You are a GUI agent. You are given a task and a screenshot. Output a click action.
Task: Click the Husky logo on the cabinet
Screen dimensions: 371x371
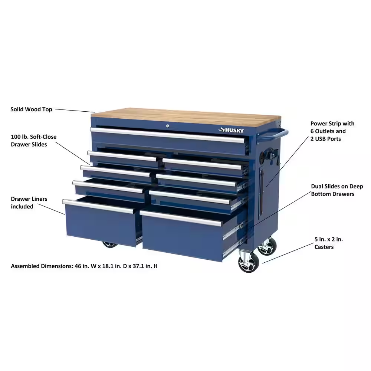[x=231, y=130]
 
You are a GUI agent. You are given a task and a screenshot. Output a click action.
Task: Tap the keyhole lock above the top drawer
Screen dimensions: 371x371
[x=168, y=127]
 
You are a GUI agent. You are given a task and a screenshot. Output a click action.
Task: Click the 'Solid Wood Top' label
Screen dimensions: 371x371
[x=31, y=109]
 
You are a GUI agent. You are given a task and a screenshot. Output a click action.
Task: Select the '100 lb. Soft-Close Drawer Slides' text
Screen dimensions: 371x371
[x=34, y=141]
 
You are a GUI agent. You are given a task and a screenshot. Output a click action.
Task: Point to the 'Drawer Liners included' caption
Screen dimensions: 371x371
[x=29, y=203]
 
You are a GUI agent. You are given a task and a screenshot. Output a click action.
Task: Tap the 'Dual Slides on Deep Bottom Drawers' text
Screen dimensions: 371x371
[x=337, y=190]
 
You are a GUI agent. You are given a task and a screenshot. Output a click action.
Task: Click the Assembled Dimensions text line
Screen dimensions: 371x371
[x=84, y=266]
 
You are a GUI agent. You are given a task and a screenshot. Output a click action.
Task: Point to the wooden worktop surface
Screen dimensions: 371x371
[x=185, y=116]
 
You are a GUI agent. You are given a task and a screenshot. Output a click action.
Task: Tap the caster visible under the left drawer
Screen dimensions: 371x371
[x=110, y=244]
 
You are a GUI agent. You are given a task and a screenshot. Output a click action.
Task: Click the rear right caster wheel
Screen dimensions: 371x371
[x=267, y=246]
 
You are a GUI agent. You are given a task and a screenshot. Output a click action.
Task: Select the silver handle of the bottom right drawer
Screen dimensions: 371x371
[x=181, y=219]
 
